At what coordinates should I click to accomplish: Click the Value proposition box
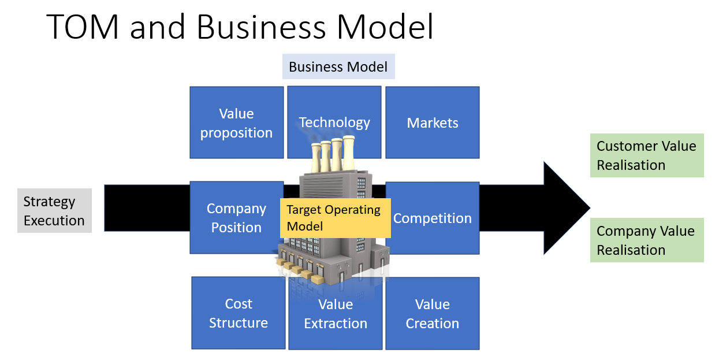(237, 123)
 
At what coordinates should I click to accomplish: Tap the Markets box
(433, 123)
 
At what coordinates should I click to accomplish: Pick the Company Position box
(237, 218)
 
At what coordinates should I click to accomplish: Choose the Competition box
(433, 218)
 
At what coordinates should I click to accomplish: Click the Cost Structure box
(238, 313)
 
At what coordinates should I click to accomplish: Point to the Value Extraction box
(336, 313)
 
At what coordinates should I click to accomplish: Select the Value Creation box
(433, 313)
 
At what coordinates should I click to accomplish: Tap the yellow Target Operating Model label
(336, 218)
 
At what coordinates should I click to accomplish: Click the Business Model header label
(338, 66)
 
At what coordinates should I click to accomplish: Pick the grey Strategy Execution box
(54, 211)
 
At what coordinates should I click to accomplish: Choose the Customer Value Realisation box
(647, 155)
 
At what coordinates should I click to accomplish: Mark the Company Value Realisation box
(647, 240)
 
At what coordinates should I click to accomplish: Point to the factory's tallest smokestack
(349, 153)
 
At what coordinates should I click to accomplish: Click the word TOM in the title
(83, 27)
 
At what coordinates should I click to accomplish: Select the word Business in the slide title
(261, 27)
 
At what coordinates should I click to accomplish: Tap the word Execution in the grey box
(54, 221)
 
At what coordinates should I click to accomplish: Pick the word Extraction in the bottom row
(336, 324)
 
